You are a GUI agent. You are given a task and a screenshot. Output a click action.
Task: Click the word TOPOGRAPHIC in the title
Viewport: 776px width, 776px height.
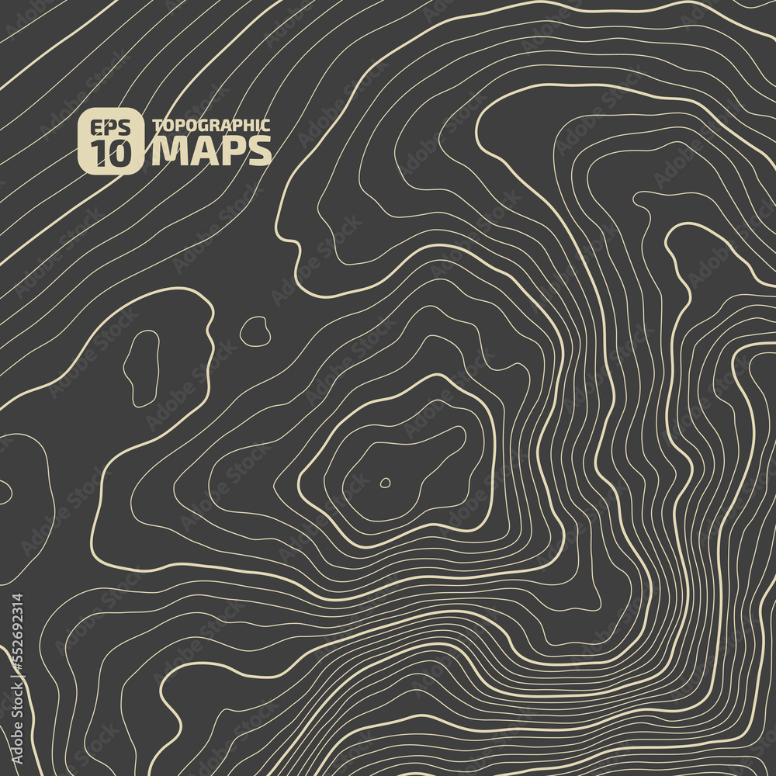point(211,126)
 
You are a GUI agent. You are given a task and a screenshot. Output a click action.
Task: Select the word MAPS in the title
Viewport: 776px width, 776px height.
point(211,151)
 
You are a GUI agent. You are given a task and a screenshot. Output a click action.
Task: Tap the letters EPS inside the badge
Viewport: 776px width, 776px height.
point(110,128)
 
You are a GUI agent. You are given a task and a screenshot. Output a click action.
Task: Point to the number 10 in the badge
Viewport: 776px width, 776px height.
point(110,154)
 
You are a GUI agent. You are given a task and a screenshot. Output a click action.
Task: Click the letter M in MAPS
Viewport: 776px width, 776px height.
point(168,151)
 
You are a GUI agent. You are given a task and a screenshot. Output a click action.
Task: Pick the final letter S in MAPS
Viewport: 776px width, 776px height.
point(261,151)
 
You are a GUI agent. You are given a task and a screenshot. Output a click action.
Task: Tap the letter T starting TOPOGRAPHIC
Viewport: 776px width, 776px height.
point(157,126)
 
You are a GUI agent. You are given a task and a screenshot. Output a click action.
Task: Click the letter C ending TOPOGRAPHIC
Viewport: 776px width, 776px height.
point(265,126)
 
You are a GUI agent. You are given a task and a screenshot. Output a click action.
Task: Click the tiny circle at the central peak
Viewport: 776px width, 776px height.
point(385,483)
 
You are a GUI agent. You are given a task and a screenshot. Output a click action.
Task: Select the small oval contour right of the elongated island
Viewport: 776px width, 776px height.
point(255,331)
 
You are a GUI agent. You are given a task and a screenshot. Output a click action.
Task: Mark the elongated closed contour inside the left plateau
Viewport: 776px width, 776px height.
point(142,368)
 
